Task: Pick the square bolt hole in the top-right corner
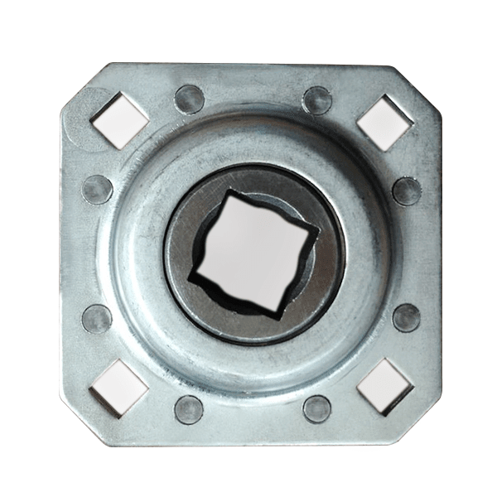click(x=384, y=122)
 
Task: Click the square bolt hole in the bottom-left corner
click(x=119, y=387)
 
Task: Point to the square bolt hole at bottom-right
click(x=384, y=387)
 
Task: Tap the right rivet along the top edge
click(x=316, y=100)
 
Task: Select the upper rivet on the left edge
click(x=97, y=189)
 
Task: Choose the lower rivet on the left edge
click(x=97, y=318)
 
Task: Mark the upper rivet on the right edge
click(x=406, y=191)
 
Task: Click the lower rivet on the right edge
click(x=406, y=317)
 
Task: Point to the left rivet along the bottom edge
click(x=189, y=408)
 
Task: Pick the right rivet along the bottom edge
click(x=316, y=408)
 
